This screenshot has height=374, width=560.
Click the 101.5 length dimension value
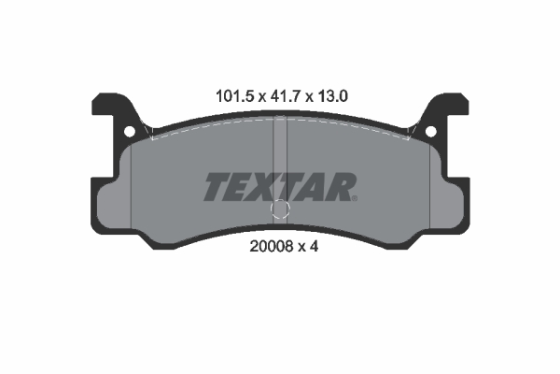(x=234, y=96)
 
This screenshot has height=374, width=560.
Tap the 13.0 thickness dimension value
(x=331, y=96)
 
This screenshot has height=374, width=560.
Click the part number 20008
(x=272, y=246)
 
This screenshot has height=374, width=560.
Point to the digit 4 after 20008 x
(x=314, y=246)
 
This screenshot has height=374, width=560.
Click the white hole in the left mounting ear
(x=130, y=132)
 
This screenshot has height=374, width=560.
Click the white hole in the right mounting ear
(x=430, y=132)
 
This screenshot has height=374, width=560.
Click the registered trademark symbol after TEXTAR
(x=355, y=198)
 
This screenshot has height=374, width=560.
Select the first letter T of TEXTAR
(x=217, y=187)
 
